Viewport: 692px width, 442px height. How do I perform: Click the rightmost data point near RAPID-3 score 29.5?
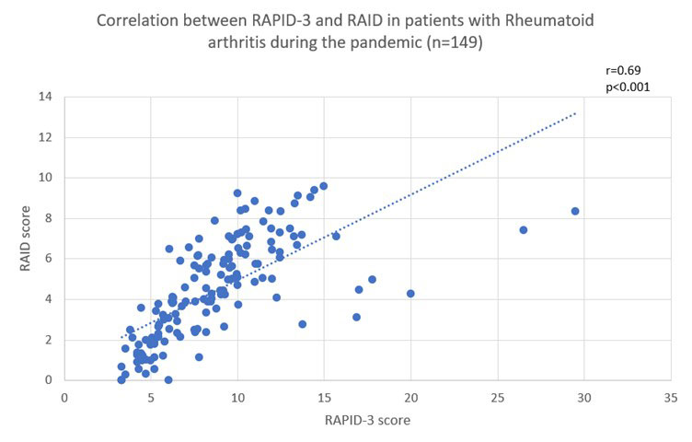(575, 211)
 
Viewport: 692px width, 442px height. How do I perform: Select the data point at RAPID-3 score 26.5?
(524, 229)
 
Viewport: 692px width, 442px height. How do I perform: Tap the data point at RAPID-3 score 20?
(410, 294)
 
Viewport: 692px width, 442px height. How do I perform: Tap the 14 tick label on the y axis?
(45, 97)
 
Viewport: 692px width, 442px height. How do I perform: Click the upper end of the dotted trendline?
(576, 113)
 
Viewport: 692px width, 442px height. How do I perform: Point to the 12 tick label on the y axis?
(45, 137)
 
